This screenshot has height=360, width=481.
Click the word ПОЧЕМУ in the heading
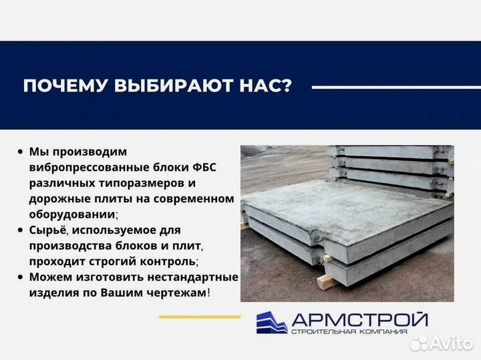(59, 87)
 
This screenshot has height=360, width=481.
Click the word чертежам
(174, 292)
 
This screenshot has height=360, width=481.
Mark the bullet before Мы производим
(21, 152)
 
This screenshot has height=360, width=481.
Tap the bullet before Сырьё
(21, 230)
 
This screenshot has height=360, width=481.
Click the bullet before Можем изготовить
(21, 277)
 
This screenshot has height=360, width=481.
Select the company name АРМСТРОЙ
(358, 320)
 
